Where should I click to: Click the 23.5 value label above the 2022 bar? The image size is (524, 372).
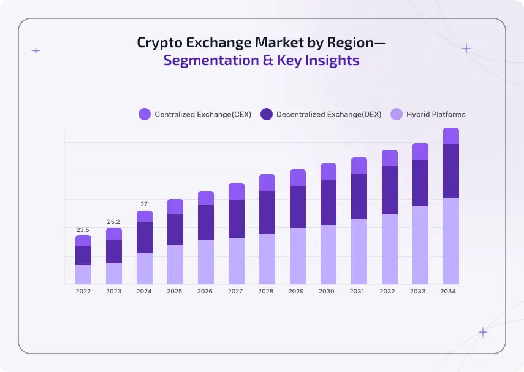(x=83, y=230)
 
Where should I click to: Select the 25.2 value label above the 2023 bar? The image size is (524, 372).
(x=113, y=222)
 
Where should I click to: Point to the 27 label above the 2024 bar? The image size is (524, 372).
(x=144, y=204)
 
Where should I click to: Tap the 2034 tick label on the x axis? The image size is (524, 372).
(x=449, y=291)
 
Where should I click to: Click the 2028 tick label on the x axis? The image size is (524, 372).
(x=266, y=291)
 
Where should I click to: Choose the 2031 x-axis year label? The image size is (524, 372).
(x=357, y=291)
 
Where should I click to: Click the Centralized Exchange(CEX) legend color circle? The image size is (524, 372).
(x=145, y=114)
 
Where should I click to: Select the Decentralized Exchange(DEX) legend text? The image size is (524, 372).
(x=328, y=114)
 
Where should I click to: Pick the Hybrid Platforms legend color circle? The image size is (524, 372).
(x=397, y=114)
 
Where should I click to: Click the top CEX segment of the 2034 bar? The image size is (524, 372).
(x=450, y=136)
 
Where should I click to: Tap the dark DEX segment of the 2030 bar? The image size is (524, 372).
(x=328, y=202)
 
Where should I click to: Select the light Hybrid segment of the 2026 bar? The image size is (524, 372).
(x=206, y=262)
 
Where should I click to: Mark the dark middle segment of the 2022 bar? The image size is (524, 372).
(x=83, y=255)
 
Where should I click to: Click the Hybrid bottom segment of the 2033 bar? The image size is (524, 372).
(x=420, y=245)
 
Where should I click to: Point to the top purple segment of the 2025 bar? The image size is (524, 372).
(x=175, y=206)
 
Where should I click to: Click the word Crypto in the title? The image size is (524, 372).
(x=161, y=43)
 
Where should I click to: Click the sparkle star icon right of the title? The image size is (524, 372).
(x=466, y=48)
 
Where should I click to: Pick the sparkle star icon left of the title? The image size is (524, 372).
(x=36, y=51)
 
